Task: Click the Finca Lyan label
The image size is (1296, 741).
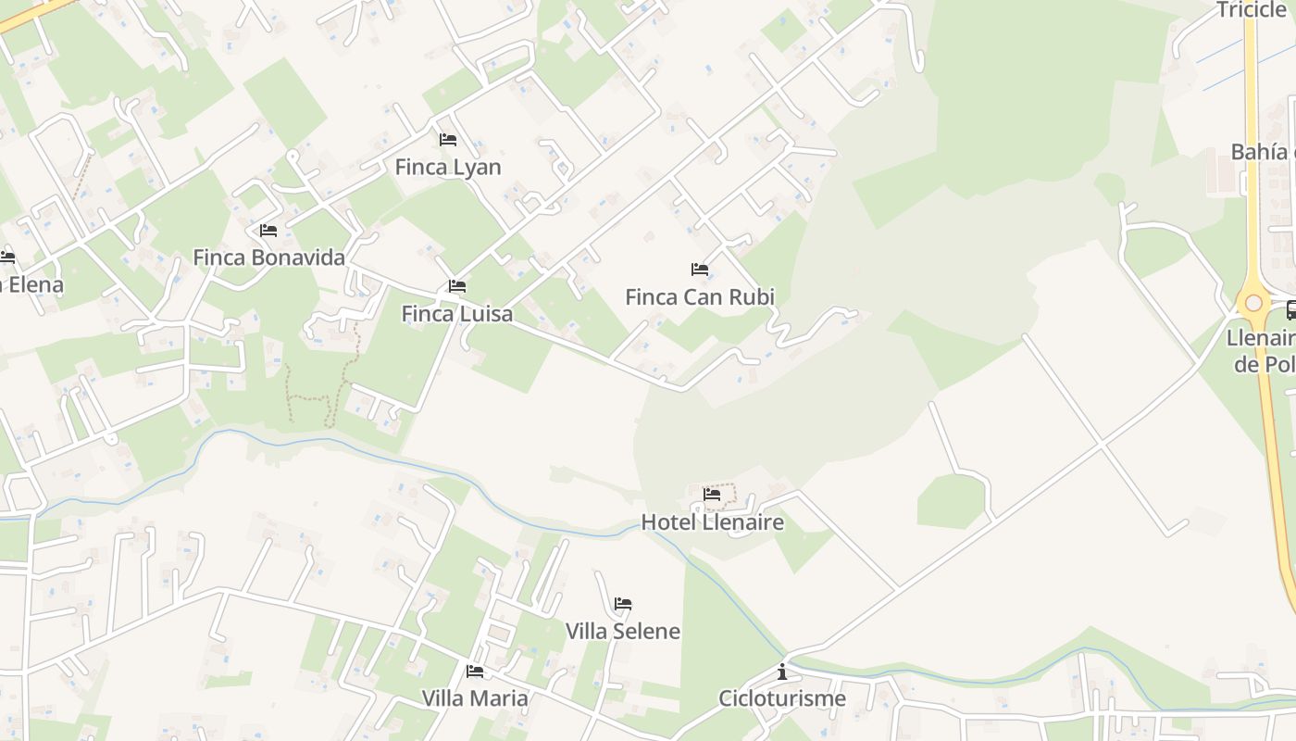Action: tap(448, 168)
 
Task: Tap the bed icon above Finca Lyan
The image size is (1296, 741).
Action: tap(448, 140)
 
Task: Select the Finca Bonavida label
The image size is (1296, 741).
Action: tap(268, 257)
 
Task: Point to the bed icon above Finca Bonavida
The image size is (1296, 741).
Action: tap(268, 230)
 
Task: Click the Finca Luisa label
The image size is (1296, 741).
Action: tap(456, 314)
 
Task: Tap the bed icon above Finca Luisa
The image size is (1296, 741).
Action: tap(457, 286)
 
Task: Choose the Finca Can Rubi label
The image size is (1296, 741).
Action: tap(700, 297)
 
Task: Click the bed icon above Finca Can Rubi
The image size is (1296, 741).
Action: tap(700, 270)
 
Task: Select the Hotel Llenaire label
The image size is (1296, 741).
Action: tap(712, 522)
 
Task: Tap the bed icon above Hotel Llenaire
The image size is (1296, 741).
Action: tap(712, 495)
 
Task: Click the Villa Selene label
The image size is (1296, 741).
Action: tap(622, 632)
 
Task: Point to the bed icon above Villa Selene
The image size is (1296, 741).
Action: tap(623, 604)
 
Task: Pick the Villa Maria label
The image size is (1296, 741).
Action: tap(475, 698)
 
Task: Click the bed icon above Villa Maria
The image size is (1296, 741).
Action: tap(475, 671)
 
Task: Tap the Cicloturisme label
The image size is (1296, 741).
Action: tap(782, 698)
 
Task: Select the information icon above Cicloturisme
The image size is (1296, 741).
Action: tap(782, 671)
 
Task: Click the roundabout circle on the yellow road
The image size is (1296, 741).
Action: tap(1253, 303)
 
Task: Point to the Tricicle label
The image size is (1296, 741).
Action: tap(1252, 10)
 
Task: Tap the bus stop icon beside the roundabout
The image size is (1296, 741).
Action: tap(1290, 310)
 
